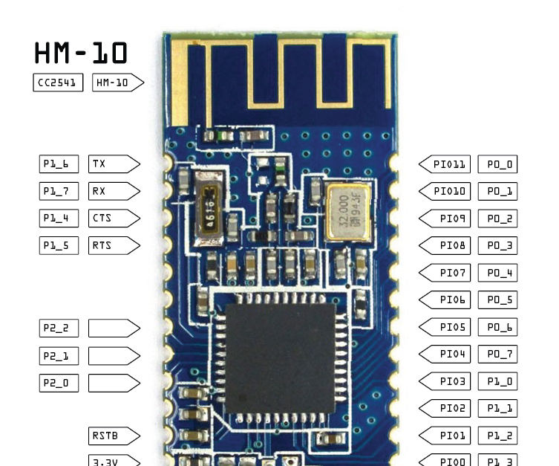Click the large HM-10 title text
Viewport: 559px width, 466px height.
[81, 54]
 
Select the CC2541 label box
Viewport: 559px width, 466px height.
[58, 82]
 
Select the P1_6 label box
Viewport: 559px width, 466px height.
[59, 164]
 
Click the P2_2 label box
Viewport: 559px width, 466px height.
[59, 328]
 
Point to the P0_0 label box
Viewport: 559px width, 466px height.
[497, 164]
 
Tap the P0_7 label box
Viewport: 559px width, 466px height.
[497, 355]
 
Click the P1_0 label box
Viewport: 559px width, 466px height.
[497, 381]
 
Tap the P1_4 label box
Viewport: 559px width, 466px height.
[59, 219]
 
